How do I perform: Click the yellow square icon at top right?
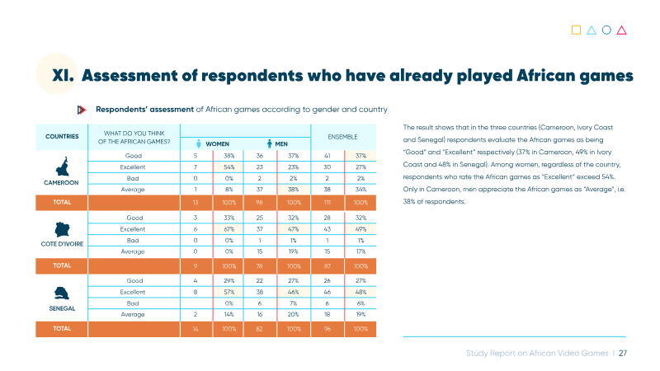click(576, 30)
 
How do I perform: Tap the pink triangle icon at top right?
click(622, 31)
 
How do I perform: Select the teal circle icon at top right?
click(606, 30)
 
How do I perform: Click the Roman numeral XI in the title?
click(63, 76)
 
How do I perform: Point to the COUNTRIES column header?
click(62, 136)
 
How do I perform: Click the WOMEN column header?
click(217, 143)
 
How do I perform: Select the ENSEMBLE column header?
click(342, 137)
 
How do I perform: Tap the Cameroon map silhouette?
click(63, 167)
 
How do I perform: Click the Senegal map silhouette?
click(61, 293)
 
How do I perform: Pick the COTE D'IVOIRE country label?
click(62, 244)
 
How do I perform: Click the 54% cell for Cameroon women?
click(229, 167)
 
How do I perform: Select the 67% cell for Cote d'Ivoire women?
click(229, 229)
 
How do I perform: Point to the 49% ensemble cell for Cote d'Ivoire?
click(361, 229)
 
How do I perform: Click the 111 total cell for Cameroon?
click(327, 202)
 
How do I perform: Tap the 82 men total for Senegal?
click(259, 329)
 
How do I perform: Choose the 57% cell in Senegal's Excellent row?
click(229, 292)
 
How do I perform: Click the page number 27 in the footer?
click(623, 354)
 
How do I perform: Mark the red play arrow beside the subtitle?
click(82, 110)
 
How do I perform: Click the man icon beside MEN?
click(270, 143)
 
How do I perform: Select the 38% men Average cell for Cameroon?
click(294, 190)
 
